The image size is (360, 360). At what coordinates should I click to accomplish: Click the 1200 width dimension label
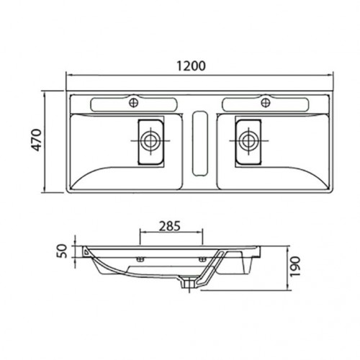(x=192, y=66)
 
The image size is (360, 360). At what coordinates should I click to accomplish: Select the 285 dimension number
(x=170, y=226)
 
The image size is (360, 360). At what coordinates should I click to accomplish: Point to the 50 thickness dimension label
(x=62, y=251)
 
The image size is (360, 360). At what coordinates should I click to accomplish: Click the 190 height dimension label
(x=295, y=266)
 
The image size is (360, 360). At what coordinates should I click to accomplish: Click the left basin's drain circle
(x=150, y=140)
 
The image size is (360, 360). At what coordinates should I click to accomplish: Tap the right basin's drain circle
(x=249, y=140)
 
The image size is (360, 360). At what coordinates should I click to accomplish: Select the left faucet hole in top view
(x=134, y=103)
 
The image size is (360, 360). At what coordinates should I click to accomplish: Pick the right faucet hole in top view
(x=266, y=103)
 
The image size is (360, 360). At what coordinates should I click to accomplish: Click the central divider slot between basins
(x=200, y=143)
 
